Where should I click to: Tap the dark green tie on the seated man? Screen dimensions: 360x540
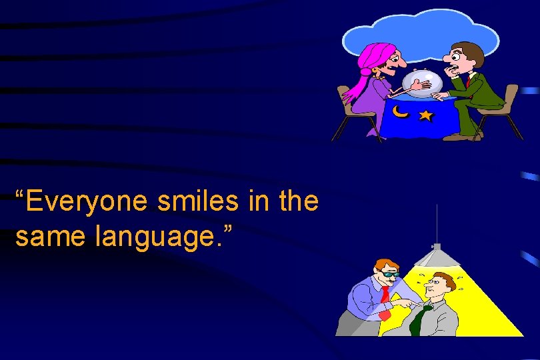418,319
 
